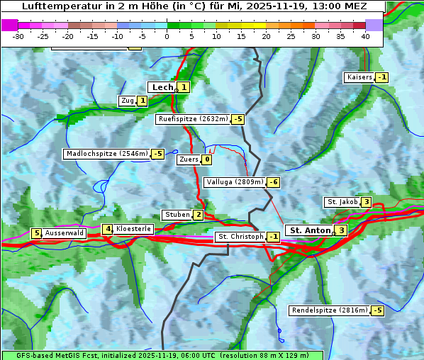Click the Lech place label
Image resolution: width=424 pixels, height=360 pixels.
click(162, 87)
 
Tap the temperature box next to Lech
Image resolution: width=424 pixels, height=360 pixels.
click(184, 87)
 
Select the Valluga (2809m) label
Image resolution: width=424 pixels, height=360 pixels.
click(235, 182)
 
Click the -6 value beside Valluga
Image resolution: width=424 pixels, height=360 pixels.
click(273, 182)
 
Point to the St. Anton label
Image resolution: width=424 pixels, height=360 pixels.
click(310, 230)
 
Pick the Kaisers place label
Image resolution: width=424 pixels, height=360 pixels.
click(359, 77)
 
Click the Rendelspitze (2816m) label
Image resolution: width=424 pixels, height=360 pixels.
click(330, 310)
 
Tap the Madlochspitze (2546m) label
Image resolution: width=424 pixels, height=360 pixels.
click(106, 154)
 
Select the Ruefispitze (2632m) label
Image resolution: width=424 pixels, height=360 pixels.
click(193, 119)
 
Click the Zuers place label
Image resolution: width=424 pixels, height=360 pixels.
click(189, 159)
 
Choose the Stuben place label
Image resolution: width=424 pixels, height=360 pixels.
click(177, 215)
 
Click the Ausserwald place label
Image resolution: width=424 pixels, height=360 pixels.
click(65, 233)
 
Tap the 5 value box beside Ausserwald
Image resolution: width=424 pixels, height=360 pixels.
click(36, 233)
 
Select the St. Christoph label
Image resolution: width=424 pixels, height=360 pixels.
click(240, 237)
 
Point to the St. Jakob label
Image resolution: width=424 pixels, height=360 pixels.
click(342, 202)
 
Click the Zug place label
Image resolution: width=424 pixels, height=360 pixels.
click(128, 101)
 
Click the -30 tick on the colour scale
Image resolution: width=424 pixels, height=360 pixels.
click(18, 36)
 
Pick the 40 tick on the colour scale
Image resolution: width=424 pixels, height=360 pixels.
click(365, 36)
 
